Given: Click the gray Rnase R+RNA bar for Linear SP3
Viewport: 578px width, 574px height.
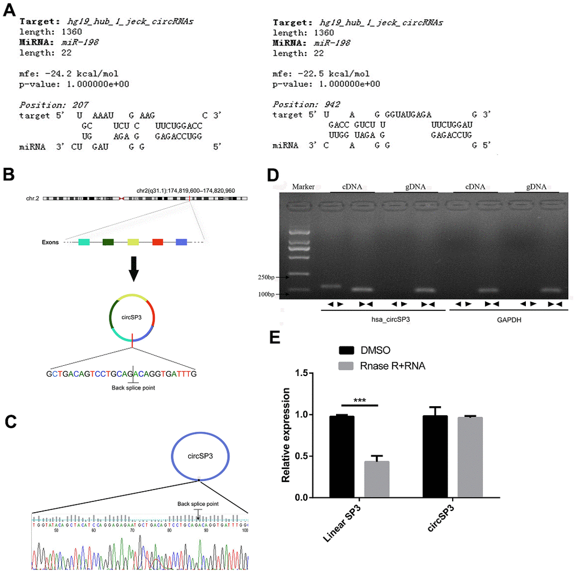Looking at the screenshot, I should [376, 479].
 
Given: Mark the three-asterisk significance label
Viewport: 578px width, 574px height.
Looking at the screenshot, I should [359, 400].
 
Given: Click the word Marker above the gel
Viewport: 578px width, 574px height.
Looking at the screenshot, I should [302, 186].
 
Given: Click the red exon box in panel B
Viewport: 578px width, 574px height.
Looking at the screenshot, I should [158, 242].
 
